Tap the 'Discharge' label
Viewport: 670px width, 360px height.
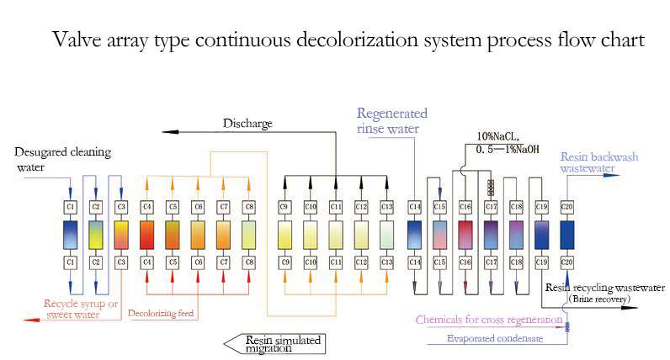click(x=247, y=124)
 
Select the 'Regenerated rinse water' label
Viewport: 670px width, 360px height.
click(x=392, y=121)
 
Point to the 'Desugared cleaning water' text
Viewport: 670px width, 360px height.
click(x=63, y=160)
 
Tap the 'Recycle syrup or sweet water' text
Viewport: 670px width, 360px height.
click(x=83, y=309)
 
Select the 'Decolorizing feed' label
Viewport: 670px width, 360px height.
click(x=163, y=315)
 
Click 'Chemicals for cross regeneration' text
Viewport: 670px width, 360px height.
click(x=489, y=320)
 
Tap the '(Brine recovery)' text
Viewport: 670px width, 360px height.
click(x=598, y=299)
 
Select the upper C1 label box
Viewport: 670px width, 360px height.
click(x=71, y=206)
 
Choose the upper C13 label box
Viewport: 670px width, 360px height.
click(x=386, y=206)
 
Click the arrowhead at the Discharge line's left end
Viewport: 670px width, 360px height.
click(x=167, y=132)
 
